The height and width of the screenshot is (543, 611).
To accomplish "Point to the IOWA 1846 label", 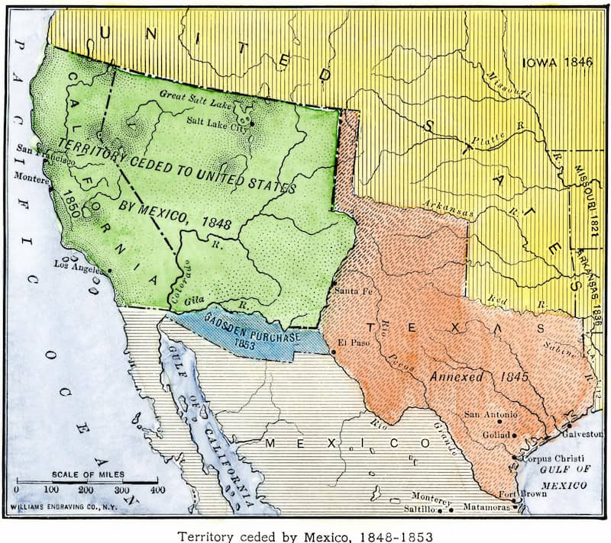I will (x=557, y=63).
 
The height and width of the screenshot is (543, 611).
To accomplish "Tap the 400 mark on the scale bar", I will (x=158, y=489).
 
